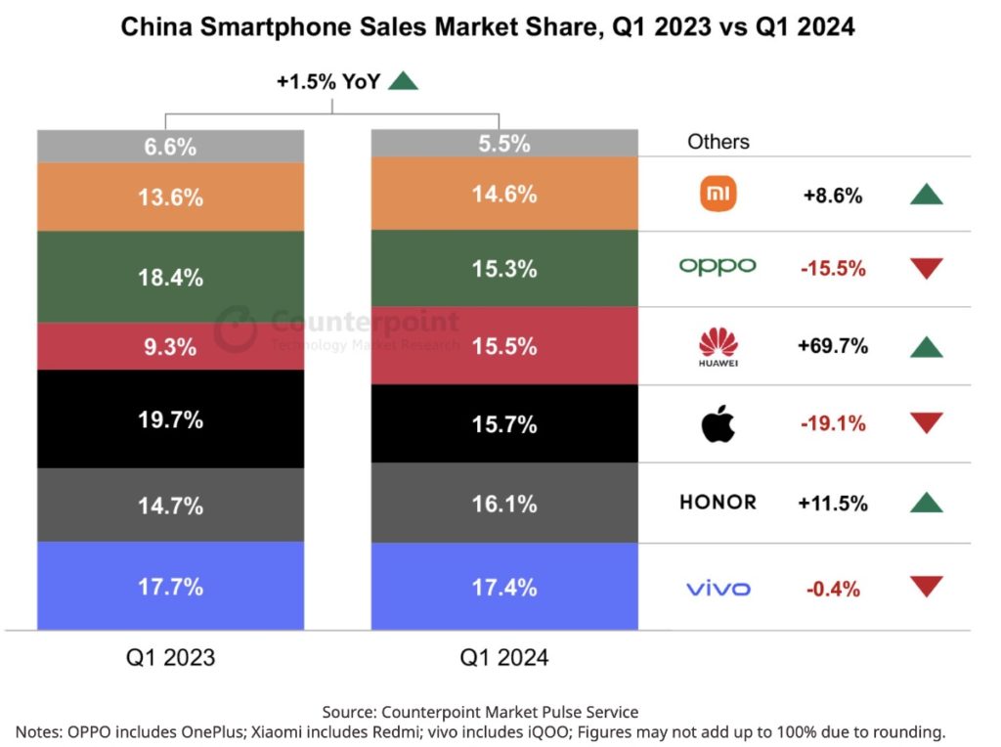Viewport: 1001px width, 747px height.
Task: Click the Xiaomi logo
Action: [x=718, y=195]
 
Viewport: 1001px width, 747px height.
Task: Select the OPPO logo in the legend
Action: [x=718, y=267]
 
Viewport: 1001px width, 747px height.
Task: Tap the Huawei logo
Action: [x=718, y=347]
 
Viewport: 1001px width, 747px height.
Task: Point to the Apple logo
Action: [x=718, y=423]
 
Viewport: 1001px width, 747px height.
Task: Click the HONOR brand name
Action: [x=718, y=503]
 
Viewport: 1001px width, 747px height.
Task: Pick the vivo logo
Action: [x=718, y=589]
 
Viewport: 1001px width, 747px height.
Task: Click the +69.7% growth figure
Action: [x=833, y=346]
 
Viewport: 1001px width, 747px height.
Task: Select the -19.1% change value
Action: [x=833, y=424]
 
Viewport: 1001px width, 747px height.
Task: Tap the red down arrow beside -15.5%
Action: [x=926, y=267]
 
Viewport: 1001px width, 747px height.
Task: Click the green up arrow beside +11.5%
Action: [x=926, y=503]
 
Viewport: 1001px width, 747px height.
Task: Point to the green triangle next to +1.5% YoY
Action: [x=403, y=81]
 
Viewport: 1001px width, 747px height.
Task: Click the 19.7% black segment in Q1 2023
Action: [x=171, y=420]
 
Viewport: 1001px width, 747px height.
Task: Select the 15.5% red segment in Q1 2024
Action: [x=504, y=346]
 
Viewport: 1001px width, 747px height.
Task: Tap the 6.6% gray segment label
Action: [x=171, y=148]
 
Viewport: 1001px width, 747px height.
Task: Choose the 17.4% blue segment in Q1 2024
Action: [x=504, y=588]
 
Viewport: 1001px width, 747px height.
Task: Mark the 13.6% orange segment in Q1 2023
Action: [x=171, y=198]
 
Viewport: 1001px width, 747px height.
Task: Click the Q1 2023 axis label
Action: [x=171, y=657]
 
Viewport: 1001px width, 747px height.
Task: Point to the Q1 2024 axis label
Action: [x=504, y=657]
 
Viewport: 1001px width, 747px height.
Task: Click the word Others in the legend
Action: [x=718, y=142]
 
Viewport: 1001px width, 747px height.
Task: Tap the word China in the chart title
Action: [x=153, y=27]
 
